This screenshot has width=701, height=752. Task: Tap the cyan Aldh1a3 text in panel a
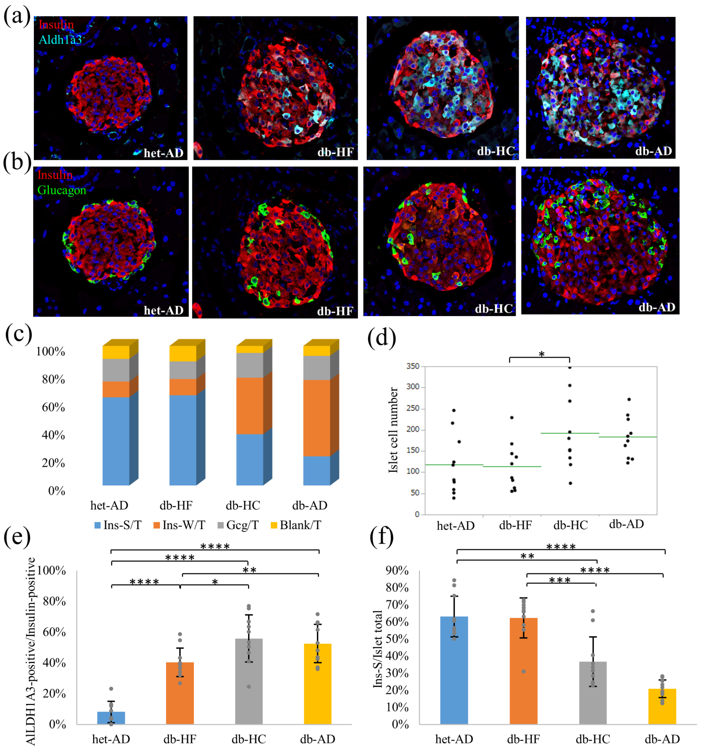60,39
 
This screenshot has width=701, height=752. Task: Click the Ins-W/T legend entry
179,525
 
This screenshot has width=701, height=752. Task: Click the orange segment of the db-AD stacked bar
317,418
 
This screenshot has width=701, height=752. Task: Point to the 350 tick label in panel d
413,366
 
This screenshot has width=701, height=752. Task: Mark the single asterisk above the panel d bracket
541,354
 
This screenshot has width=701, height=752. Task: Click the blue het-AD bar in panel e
111,718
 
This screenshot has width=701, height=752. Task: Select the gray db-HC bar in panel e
249,681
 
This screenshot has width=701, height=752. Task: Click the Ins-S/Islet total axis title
378,649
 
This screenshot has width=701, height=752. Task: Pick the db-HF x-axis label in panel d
515,525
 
